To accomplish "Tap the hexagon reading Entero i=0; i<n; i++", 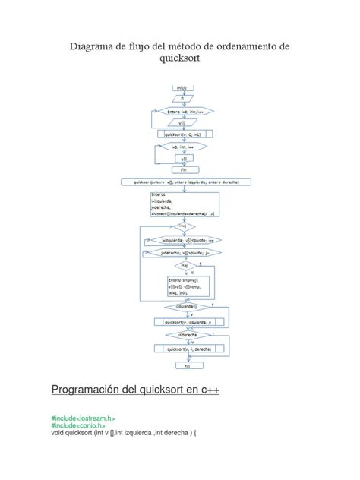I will pyautogui.click(x=182, y=112).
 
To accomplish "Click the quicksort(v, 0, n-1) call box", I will pyautogui.click(x=182, y=134).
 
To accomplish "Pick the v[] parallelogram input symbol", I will pyautogui.click(x=182, y=122).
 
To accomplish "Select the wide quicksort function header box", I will pyautogui.click(x=182, y=182).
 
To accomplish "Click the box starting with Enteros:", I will pyautogui.click(x=182, y=204).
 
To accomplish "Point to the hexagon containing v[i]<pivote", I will pyautogui.click(x=182, y=240).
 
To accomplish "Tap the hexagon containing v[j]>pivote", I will pyautogui.click(x=182, y=252).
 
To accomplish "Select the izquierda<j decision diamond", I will pyautogui.click(x=182, y=308).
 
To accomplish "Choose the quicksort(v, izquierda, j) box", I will pyautogui.click(x=182, y=321).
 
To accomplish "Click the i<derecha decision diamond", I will pyautogui.click(x=182, y=335).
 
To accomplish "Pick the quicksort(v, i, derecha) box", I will pyautogui.click(x=182, y=349).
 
